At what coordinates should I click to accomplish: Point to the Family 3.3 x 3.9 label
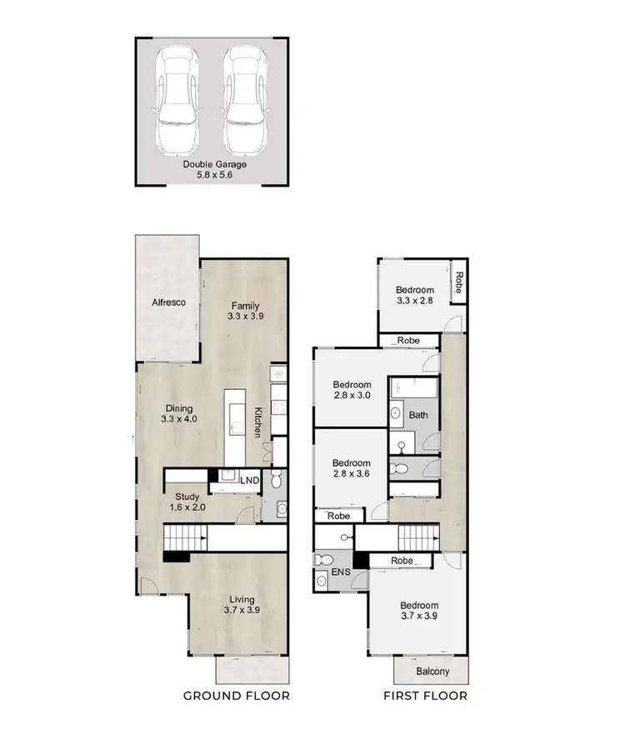246,311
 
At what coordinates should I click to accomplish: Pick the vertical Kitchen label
258,422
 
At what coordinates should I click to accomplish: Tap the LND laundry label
249,481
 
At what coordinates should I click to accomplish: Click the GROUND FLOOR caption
236,696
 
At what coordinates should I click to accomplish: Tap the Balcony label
432,672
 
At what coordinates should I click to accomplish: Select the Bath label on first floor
417,414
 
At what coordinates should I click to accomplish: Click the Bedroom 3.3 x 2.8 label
415,295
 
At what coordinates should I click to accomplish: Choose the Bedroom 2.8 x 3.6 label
352,468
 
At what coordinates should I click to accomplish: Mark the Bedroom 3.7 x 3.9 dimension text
418,617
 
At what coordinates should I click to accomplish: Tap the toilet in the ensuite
327,560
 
